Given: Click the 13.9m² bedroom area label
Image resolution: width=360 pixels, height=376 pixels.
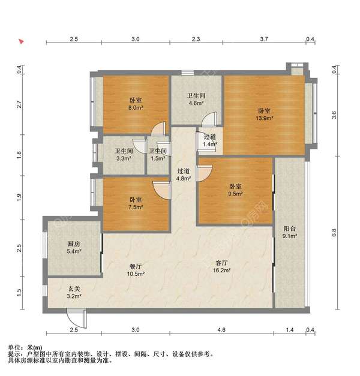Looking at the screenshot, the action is (x=264, y=115).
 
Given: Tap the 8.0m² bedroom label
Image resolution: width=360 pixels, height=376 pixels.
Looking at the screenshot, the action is (x=136, y=104).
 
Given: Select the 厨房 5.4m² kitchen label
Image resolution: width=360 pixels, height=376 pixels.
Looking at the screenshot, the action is (x=74, y=248).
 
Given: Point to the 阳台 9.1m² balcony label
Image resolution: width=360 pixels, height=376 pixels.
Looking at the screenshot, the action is (x=290, y=232).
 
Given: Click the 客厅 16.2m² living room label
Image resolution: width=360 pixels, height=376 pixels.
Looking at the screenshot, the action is (x=222, y=266).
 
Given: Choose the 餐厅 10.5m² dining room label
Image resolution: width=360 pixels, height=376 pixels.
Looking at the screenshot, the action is (x=136, y=270).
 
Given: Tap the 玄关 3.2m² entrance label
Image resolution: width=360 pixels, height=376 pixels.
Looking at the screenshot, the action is (x=74, y=293).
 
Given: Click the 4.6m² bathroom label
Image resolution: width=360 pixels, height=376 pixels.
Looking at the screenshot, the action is (x=196, y=100).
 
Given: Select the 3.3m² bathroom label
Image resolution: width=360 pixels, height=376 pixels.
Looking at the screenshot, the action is (x=124, y=155).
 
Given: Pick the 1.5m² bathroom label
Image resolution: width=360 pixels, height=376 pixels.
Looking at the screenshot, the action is (x=158, y=155).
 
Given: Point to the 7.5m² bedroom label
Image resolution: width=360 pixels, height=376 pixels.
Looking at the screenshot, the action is (x=136, y=203).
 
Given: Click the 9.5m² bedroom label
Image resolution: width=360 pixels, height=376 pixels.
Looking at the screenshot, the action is (x=235, y=190).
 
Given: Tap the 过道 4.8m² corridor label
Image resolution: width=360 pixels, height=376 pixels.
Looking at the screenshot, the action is (x=184, y=175).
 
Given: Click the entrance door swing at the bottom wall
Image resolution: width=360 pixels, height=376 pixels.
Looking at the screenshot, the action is (x=77, y=319).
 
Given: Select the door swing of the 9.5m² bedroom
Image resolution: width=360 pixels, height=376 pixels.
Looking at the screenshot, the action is (x=204, y=174).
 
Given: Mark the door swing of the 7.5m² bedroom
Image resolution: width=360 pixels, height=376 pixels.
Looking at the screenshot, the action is (x=162, y=190).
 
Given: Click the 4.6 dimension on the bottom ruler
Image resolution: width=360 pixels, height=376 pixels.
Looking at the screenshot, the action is (x=221, y=330).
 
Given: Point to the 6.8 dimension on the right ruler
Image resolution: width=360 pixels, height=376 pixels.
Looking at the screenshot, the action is (x=334, y=233).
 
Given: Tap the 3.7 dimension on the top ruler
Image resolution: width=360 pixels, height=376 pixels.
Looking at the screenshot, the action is (x=264, y=39).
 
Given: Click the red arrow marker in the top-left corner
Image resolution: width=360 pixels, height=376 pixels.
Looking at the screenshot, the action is (x=22, y=41).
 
